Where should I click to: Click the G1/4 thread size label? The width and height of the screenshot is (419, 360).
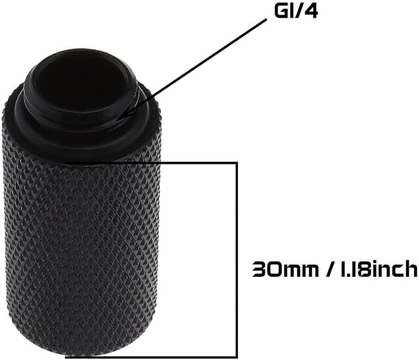(296, 12)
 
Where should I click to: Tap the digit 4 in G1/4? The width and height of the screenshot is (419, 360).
(310, 12)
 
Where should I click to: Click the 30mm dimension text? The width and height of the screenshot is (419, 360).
(286, 269)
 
